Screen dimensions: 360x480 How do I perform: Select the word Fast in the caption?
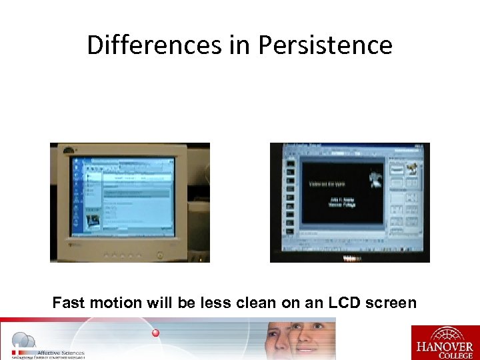coord(69,303)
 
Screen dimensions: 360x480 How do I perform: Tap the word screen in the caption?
coord(389,303)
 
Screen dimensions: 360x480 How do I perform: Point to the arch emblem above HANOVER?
coord(445,333)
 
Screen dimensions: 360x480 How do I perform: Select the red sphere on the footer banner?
coord(155,332)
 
